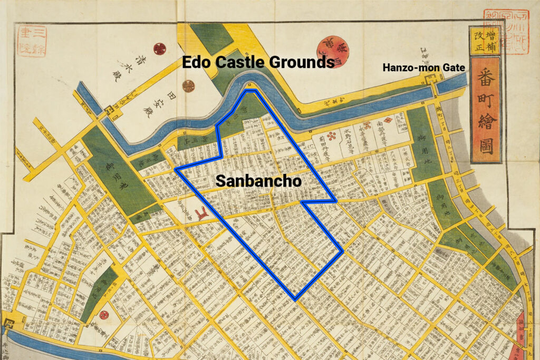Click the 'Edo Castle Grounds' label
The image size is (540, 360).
pos(258,62)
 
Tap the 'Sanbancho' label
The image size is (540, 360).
pos(258,181)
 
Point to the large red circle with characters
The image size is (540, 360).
pos(332,51)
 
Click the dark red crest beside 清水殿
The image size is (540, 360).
pos(160,49)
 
